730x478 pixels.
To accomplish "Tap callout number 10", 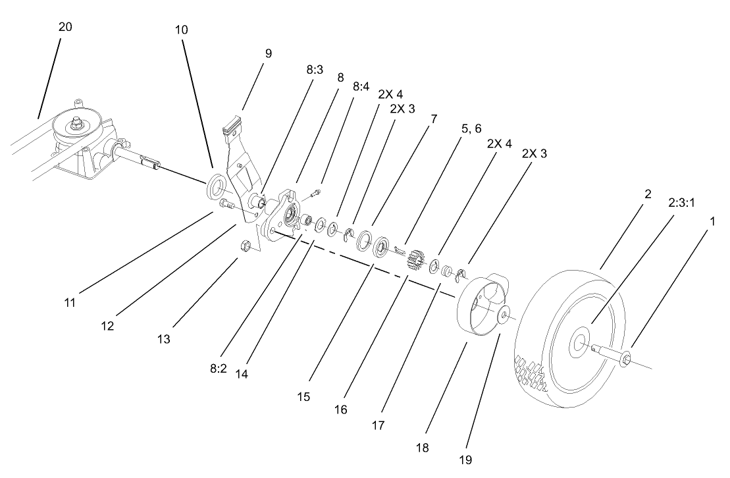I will coord(182,30).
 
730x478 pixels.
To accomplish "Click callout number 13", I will coord(164,339).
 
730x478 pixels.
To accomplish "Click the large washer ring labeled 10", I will coord(217,186).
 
